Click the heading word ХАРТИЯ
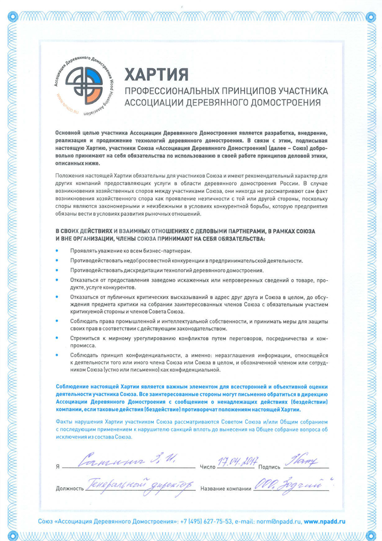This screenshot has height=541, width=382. point(157,72)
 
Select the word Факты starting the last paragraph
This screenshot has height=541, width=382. point(64,421)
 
